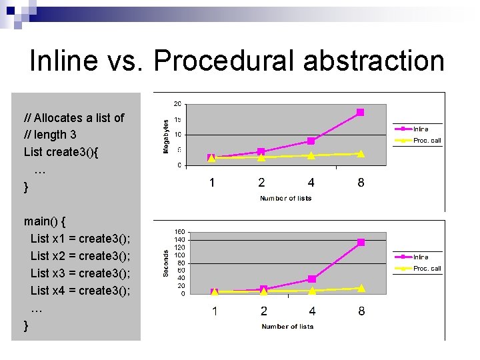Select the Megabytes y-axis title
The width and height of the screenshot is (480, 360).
(x=166, y=136)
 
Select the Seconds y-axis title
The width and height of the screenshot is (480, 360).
(x=166, y=263)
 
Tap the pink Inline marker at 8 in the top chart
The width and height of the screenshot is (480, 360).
(x=360, y=113)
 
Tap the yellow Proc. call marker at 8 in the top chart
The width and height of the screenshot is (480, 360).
(x=361, y=154)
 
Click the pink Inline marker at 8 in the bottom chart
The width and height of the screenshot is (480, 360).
(x=361, y=243)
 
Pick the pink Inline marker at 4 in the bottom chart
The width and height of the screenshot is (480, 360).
(x=311, y=279)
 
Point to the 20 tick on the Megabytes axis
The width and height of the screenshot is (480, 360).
(x=177, y=104)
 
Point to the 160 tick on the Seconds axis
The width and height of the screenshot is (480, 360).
(x=179, y=232)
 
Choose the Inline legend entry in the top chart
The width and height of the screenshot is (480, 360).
(x=420, y=129)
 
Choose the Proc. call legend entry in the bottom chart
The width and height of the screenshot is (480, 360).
(x=427, y=269)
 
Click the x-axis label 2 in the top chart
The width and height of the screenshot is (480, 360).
(x=261, y=183)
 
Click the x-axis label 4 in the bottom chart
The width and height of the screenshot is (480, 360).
(x=312, y=311)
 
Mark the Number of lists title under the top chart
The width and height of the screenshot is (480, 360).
(x=285, y=198)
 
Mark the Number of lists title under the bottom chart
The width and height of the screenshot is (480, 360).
(x=287, y=326)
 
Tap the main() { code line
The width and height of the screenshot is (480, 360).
(x=44, y=221)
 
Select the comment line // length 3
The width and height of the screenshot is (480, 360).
(x=50, y=135)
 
